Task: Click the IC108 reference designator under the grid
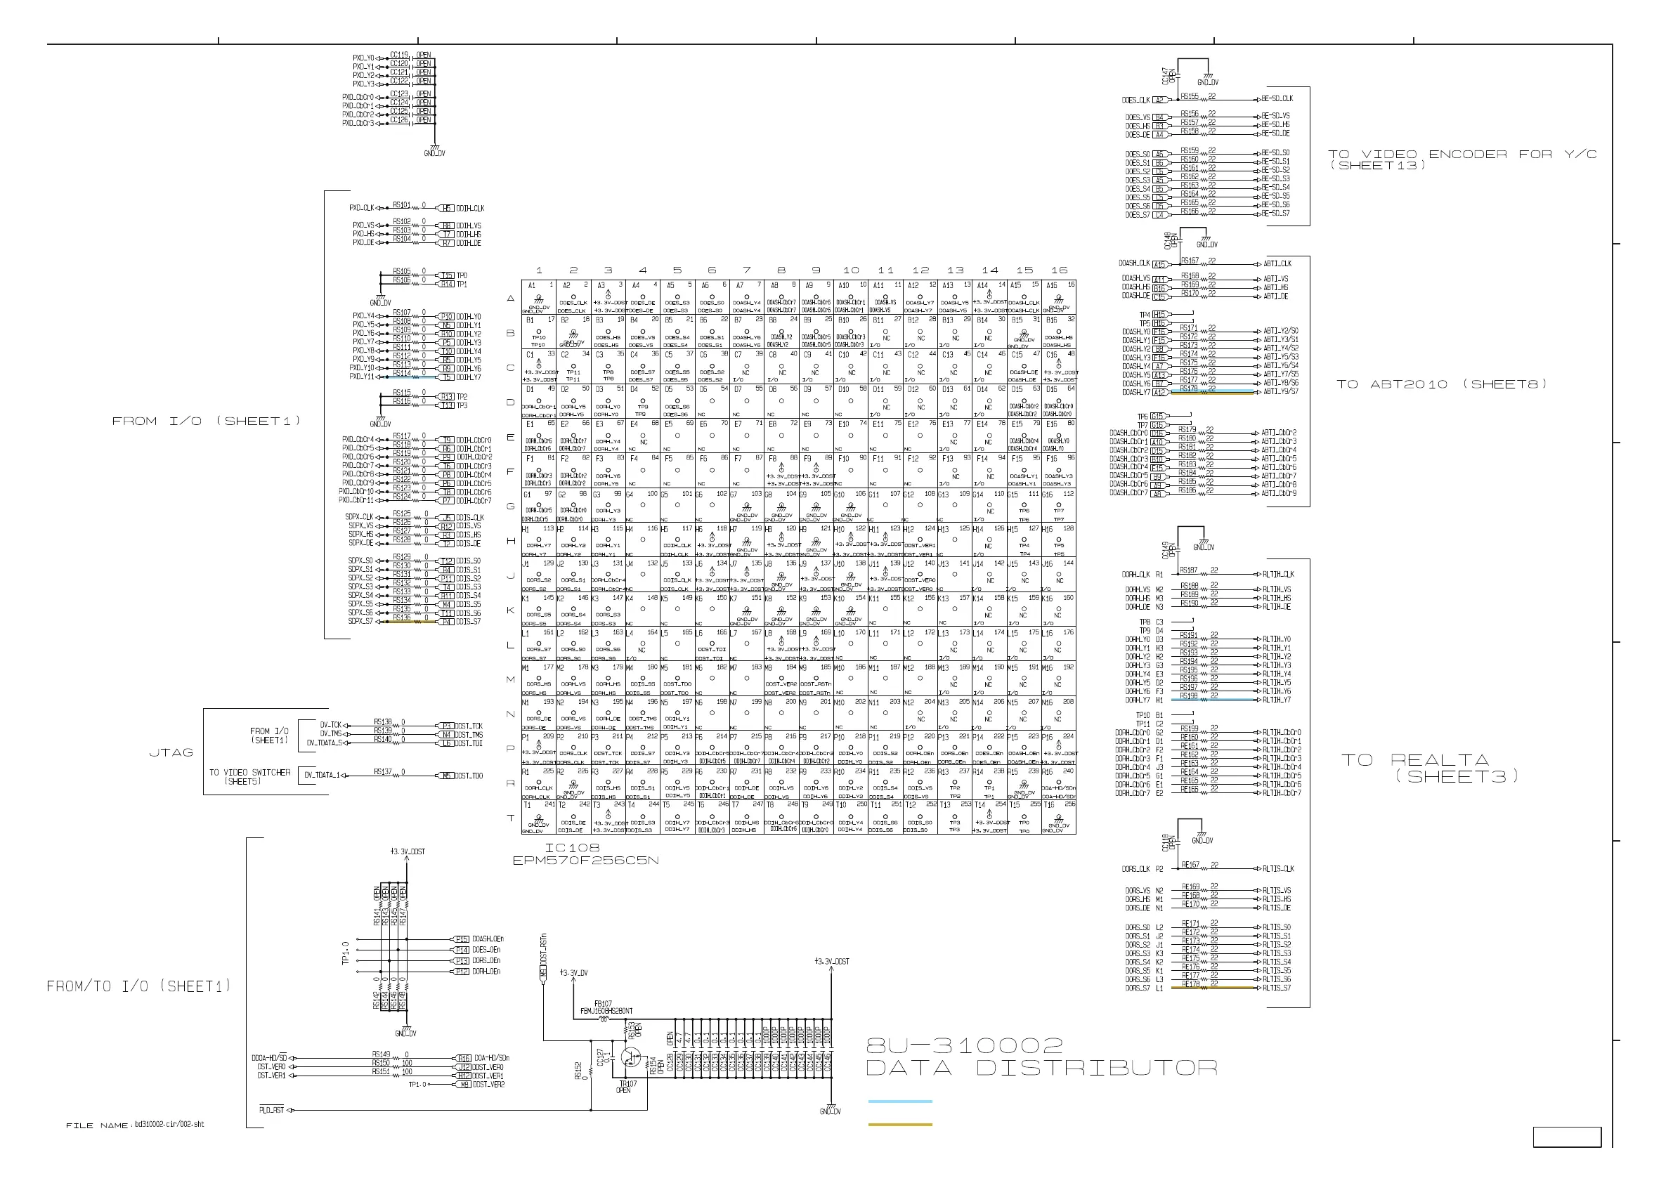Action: coord(572,848)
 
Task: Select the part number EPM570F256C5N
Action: coord(585,861)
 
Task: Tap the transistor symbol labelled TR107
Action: coord(631,1059)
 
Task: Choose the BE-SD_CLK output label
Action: coord(1277,98)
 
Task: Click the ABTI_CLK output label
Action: coord(1277,263)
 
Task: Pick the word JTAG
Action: coord(171,752)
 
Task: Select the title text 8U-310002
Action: coord(965,1047)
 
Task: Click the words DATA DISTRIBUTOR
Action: coord(1041,1068)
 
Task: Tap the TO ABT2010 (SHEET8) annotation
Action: coord(1441,384)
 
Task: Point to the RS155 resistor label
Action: coord(1189,96)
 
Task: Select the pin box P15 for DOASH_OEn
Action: coord(461,940)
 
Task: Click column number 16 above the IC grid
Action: coord(1059,270)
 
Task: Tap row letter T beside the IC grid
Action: coord(511,818)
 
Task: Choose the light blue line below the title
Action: coord(900,1102)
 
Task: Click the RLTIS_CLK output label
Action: coord(1278,869)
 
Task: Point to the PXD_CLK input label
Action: coord(363,209)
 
